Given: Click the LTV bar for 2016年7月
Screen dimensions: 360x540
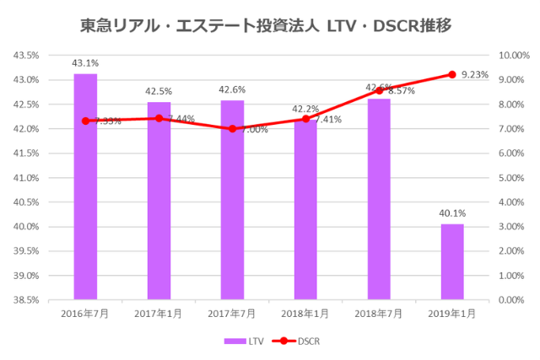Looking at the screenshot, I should (85, 186).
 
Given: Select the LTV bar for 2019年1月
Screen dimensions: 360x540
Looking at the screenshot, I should (452, 261).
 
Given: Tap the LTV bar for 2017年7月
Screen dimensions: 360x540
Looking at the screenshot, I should (232, 200).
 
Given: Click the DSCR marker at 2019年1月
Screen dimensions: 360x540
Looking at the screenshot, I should (452, 74).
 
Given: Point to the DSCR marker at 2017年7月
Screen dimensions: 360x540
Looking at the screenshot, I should (232, 129).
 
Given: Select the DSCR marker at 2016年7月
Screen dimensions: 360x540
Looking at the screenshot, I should (85, 121).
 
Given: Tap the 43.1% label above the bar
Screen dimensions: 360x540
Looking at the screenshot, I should (85, 62).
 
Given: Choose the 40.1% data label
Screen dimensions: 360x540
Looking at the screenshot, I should (452, 213).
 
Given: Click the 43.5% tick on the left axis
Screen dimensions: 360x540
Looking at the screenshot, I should (26, 56).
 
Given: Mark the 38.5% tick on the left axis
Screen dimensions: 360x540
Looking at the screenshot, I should (26, 300).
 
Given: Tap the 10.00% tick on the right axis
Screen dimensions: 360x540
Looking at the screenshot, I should (513, 56).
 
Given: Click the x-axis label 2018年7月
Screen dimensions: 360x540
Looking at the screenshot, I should (379, 314).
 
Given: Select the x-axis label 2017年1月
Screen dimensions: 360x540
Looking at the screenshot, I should (159, 314).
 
